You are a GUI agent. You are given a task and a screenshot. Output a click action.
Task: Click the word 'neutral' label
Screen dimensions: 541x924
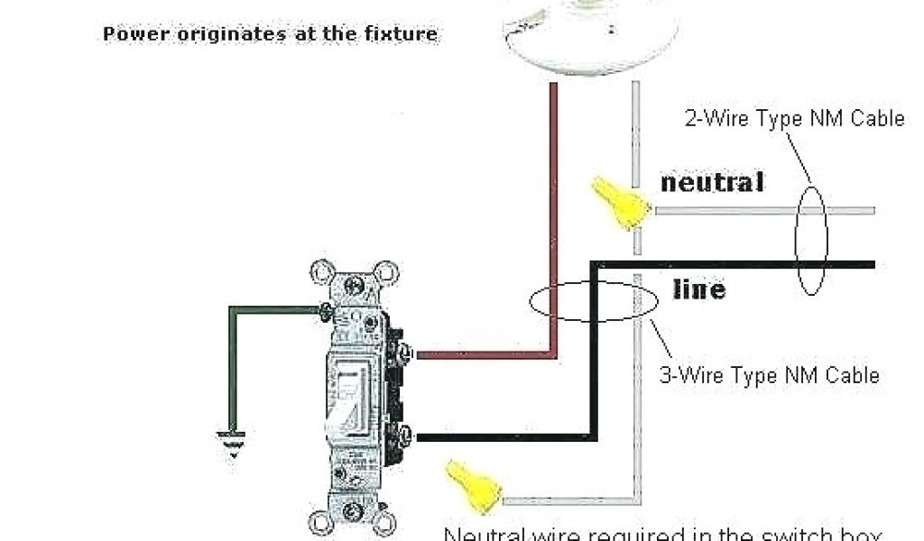[x=712, y=182]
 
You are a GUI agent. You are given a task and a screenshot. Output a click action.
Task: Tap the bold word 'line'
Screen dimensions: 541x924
[x=699, y=289]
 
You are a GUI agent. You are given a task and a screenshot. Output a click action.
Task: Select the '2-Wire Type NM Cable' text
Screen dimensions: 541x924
[x=794, y=119]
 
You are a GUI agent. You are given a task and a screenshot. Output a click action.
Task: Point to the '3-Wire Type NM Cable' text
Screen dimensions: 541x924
[x=769, y=374]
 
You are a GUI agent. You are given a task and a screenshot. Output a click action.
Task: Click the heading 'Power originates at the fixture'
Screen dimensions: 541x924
[x=270, y=34]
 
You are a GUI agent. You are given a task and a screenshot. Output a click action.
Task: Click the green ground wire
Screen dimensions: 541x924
[x=232, y=361]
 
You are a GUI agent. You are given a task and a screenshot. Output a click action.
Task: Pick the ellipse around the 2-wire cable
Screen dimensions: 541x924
[x=810, y=241]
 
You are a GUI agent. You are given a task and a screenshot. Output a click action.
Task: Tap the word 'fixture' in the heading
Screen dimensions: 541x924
[x=403, y=34]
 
